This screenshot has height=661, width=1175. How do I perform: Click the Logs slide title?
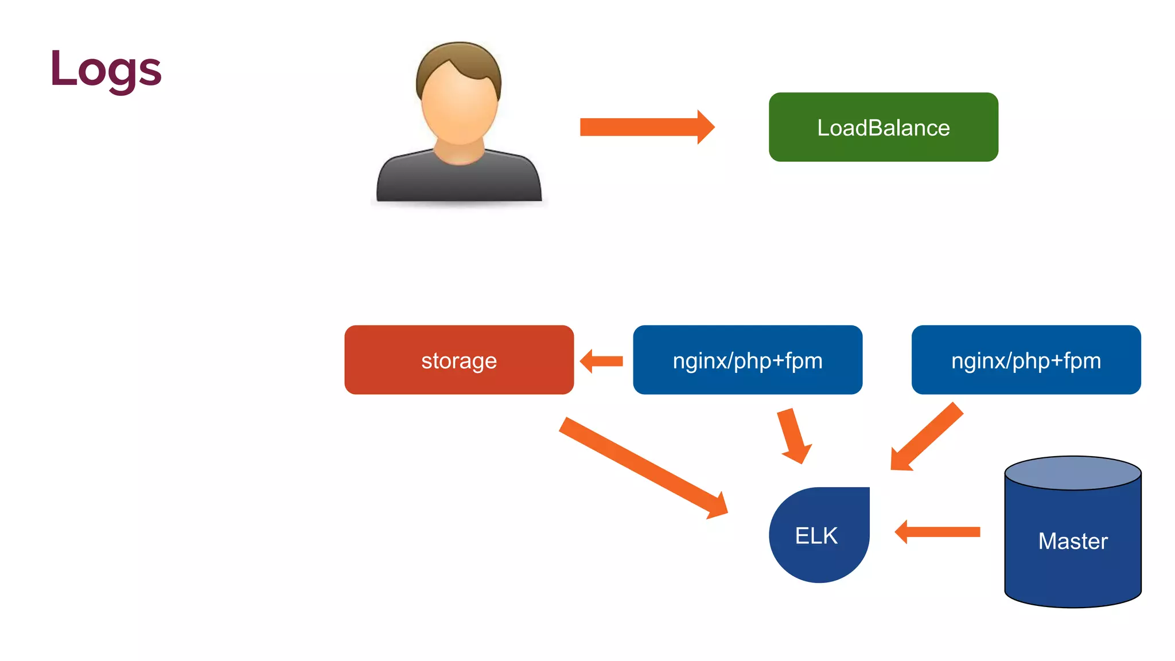(x=106, y=69)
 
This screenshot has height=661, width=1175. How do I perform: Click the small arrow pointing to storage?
(x=602, y=361)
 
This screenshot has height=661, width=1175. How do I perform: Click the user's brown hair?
(x=459, y=57)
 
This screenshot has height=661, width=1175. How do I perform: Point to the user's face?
(x=459, y=109)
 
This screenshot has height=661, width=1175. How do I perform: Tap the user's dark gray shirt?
(x=459, y=181)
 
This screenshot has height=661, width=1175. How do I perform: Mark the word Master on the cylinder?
(x=1073, y=541)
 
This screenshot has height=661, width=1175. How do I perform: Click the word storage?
(x=459, y=361)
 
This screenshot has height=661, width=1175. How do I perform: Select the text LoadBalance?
(x=883, y=127)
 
